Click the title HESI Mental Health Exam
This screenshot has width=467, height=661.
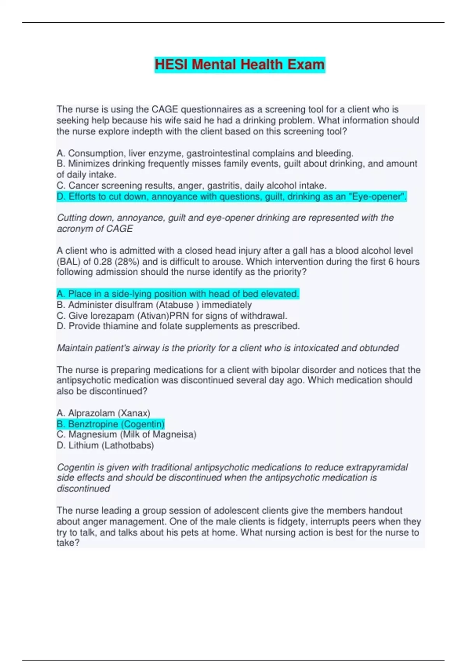(239, 65)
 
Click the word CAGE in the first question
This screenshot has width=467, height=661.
(165, 110)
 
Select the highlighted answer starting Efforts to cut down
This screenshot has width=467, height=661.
(231, 197)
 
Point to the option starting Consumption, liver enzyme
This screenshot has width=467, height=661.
(205, 153)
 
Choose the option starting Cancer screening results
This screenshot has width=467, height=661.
(191, 185)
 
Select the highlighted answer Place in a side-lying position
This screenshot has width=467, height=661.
(178, 294)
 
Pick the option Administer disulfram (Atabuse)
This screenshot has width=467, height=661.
(154, 305)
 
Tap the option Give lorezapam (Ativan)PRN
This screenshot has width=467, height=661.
(172, 315)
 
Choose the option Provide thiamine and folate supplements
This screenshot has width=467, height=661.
(178, 326)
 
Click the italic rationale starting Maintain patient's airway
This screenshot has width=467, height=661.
(228, 348)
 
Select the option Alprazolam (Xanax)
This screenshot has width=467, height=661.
(103, 413)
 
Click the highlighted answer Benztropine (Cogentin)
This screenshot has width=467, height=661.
(111, 424)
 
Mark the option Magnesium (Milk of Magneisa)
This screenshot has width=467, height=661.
(126, 434)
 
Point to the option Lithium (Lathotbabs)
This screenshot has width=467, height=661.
(105, 445)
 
